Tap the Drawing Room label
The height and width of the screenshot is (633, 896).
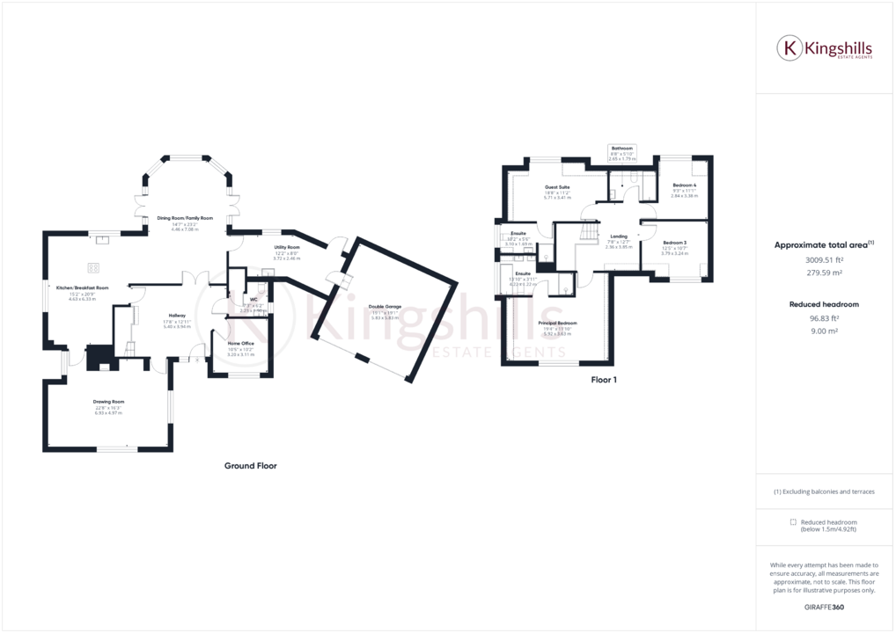[x=109, y=402]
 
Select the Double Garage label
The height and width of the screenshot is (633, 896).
[x=385, y=306]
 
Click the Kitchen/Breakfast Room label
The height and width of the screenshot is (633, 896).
[x=82, y=287]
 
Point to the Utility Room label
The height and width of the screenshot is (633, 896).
[x=287, y=248]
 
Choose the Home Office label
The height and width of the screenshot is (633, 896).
[x=240, y=343]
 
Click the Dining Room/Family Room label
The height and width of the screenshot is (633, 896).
[x=185, y=217]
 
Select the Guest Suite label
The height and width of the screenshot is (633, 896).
[x=557, y=187]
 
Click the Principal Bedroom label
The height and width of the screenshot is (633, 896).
[x=557, y=324]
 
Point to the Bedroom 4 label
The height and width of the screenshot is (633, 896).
[x=684, y=186]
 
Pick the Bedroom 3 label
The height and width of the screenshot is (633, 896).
[x=674, y=242]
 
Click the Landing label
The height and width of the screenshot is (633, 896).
[x=619, y=236]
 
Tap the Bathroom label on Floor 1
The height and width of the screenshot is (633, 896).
[x=622, y=149]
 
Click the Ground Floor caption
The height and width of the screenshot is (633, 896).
[x=251, y=466]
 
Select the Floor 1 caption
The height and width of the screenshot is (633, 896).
[x=604, y=381]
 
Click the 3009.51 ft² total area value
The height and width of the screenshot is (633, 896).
[x=824, y=260]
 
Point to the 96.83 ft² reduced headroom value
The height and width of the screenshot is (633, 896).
[x=824, y=318]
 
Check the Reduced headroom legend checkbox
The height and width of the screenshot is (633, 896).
[x=793, y=522]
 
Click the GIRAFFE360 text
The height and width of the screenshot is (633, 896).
[x=824, y=607]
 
